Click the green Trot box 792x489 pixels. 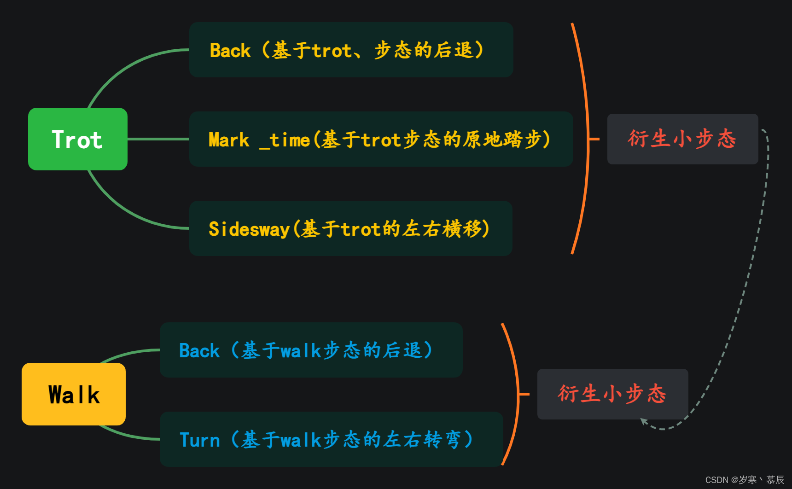[77, 139]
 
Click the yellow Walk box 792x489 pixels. [74, 394]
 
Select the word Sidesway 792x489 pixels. [249, 229]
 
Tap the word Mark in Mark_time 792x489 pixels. [229, 140]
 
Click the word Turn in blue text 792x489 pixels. [200, 440]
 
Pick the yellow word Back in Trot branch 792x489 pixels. [230, 50]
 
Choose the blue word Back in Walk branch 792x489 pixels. [199, 351]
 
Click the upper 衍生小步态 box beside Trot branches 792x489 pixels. [682, 139]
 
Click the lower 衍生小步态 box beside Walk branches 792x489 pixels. [612, 394]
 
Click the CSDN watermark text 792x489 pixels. [744, 480]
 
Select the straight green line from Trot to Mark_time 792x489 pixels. [158, 139]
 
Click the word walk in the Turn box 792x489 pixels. [301, 440]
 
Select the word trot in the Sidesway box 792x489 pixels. [361, 229]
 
